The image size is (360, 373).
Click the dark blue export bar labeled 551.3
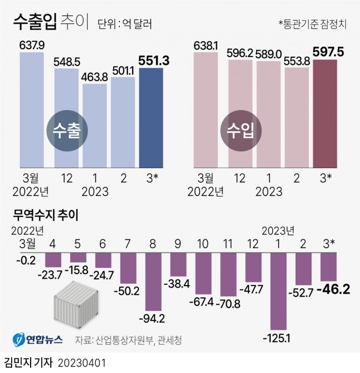(x=151, y=117)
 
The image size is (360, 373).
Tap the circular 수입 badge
(x=239, y=132)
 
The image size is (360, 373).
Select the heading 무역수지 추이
(x=46, y=215)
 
